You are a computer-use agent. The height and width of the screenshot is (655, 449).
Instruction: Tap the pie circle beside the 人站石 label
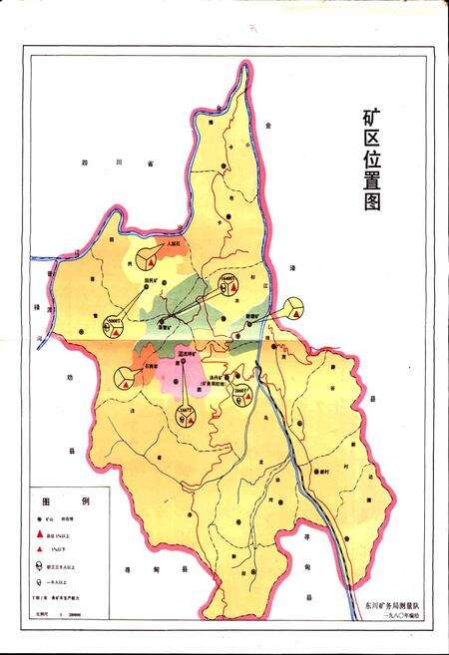[x=148, y=258]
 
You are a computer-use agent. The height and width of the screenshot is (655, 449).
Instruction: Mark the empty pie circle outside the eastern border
[x=295, y=309]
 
